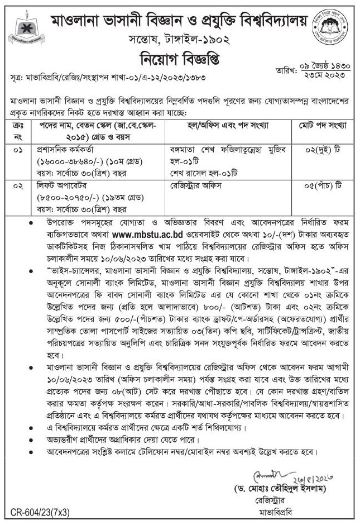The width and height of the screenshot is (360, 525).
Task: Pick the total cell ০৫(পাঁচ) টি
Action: [x=312, y=183]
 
